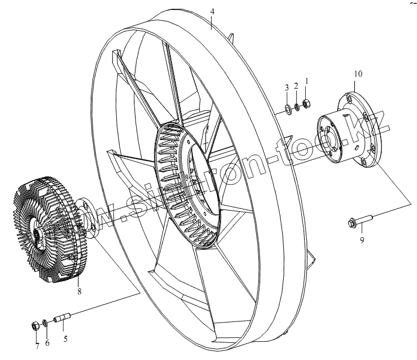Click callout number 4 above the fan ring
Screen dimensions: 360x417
(x=213, y=10)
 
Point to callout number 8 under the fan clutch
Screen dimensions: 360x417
(x=79, y=292)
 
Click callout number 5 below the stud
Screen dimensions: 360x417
(x=66, y=339)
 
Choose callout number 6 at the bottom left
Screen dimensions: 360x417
(x=47, y=343)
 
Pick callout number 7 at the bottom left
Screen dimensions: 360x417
(x=37, y=346)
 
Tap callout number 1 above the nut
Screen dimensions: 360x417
(x=307, y=80)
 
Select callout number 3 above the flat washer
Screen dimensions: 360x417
(x=286, y=88)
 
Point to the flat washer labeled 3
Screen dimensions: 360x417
(x=287, y=107)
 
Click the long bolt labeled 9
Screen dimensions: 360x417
(x=360, y=220)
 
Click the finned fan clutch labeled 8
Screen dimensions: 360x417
(x=47, y=229)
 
